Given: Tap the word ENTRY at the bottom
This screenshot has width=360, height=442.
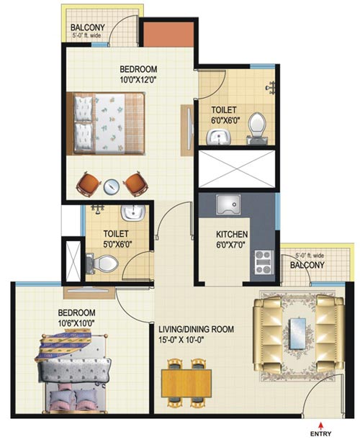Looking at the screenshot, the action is tap(321, 434).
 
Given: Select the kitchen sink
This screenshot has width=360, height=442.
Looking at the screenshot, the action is tap(228, 205).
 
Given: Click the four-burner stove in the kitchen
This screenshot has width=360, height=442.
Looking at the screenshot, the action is tap(264, 263).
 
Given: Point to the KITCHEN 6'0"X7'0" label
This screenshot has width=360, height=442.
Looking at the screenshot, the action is tap(232, 239).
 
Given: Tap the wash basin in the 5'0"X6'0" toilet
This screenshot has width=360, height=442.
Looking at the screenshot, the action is tap(133, 212).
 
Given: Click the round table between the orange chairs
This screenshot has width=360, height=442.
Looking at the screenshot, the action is tap(112, 186).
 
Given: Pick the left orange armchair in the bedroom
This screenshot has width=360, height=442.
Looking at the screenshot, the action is tap(89, 184).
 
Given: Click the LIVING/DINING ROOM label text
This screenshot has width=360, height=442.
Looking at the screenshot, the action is tap(196, 329).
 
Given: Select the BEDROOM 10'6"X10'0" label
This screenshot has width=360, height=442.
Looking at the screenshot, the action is tap(76, 317).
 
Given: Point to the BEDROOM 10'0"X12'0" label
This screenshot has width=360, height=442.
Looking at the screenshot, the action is tap(138, 74).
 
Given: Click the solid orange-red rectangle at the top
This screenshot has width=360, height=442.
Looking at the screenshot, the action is tap(168, 35).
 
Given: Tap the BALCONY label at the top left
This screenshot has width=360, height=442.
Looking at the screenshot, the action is tap(87, 27).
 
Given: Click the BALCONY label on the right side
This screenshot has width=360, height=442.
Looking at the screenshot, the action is tap(307, 265).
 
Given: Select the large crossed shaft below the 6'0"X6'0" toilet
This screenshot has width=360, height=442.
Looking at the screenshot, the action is tap(236, 169).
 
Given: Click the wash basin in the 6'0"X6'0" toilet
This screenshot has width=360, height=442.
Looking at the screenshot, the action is tap(219, 137).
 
